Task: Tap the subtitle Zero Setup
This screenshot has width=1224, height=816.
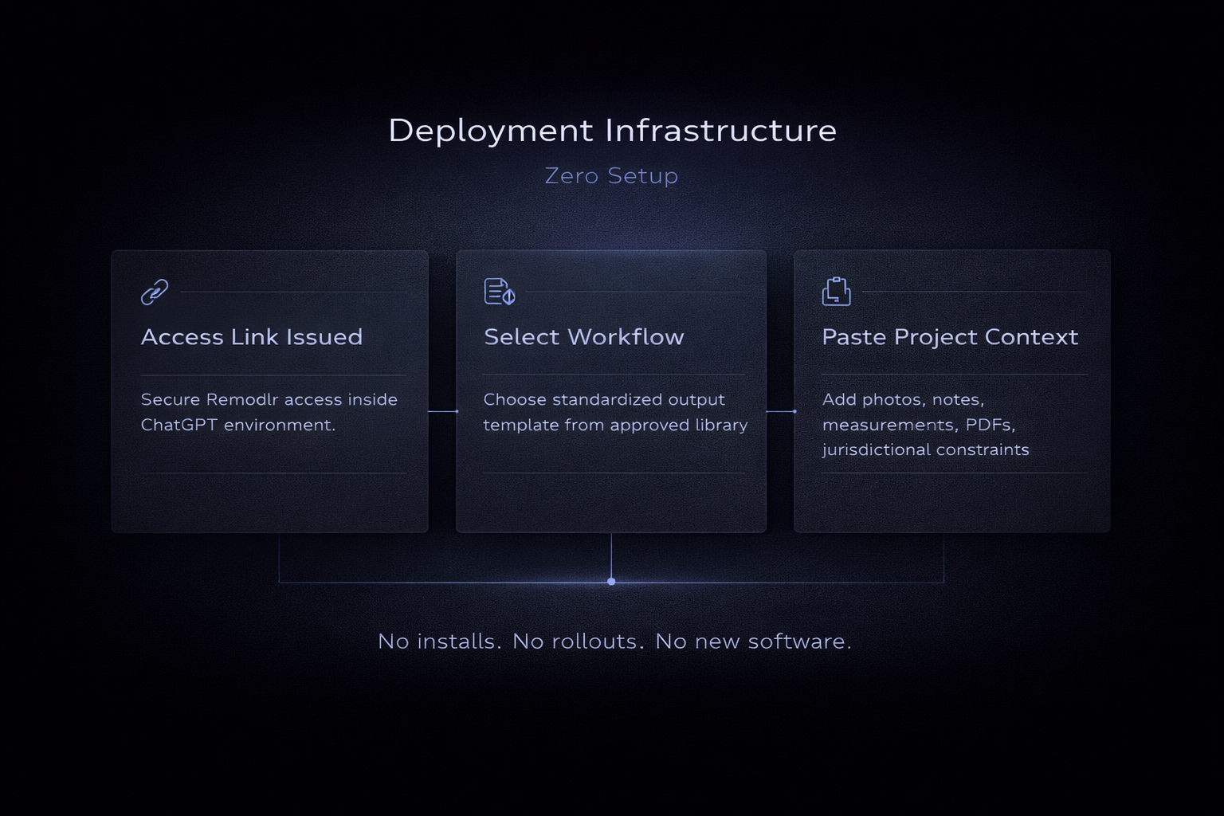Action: point(611,175)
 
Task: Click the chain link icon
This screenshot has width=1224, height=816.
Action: point(155,292)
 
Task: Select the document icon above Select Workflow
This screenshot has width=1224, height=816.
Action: point(499,292)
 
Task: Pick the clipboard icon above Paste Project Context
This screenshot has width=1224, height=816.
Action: point(836,292)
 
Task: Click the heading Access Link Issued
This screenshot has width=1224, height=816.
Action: point(252,337)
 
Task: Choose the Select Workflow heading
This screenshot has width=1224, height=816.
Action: point(584,337)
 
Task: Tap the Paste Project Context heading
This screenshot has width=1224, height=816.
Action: point(950,337)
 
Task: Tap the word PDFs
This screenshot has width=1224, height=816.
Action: point(990,425)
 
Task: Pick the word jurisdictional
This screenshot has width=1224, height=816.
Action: point(876,450)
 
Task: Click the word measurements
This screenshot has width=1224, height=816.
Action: point(888,425)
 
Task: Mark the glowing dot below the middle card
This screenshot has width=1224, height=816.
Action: point(611,582)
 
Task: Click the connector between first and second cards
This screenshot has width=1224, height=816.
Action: point(442,411)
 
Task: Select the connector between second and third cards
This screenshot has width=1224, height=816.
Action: point(780,411)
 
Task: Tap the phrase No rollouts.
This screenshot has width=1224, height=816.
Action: point(578,641)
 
